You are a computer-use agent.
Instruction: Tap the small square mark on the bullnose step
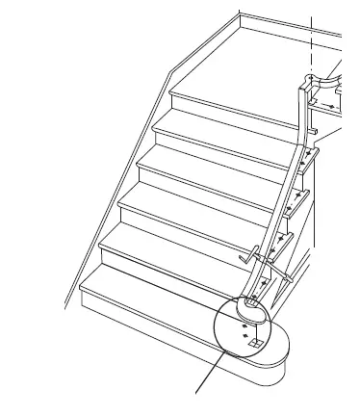point(255,341)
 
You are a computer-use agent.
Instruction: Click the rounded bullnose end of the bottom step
point(274,361)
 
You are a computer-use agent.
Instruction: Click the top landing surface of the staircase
point(270,58)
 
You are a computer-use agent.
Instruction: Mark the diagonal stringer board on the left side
point(116,193)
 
